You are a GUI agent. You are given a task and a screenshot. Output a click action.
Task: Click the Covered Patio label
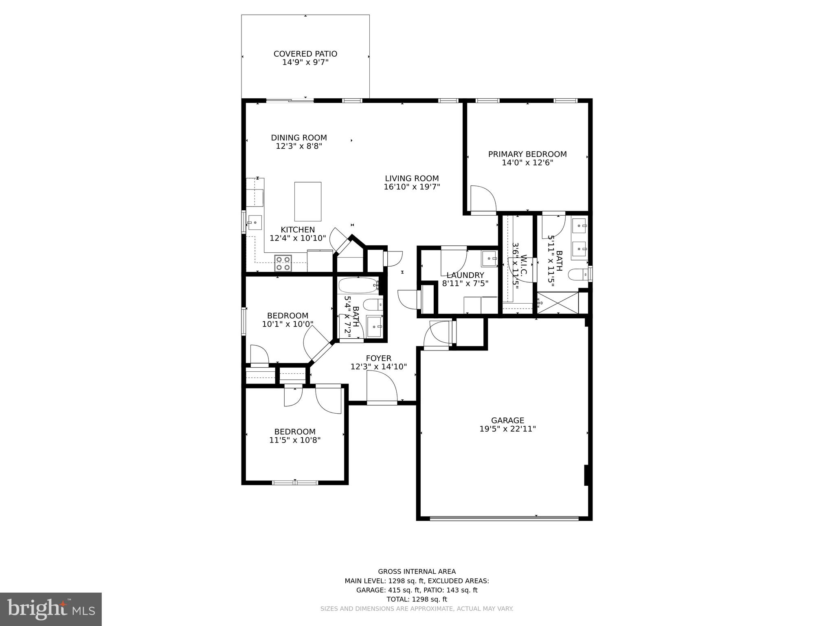click(305, 54)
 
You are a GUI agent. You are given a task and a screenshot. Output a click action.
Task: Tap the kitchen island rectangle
click(307, 201)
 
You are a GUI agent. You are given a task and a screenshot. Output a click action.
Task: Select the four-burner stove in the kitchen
click(283, 263)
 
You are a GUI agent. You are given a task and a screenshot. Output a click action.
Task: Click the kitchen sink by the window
click(255, 223)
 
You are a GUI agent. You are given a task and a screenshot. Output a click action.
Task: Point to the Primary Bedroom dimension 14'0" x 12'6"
click(527, 163)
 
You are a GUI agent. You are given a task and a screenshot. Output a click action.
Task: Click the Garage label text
click(507, 420)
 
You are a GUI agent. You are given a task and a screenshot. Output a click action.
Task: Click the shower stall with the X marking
click(557, 302)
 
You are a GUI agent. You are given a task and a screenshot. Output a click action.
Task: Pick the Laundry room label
click(465, 275)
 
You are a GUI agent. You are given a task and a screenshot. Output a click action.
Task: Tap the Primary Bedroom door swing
click(483, 198)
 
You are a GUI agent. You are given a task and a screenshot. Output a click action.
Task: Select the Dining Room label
click(299, 138)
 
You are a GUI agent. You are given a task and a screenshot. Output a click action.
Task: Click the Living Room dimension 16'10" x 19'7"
click(412, 187)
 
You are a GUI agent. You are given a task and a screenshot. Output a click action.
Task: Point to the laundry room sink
click(489, 258)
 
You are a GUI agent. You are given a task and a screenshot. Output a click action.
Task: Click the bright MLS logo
click(51, 609)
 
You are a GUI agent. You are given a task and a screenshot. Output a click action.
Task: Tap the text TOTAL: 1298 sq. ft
click(417, 599)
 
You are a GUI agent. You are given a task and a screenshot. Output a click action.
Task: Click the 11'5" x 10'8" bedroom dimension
click(295, 440)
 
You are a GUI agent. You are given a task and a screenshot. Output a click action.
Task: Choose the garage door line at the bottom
click(504, 518)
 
